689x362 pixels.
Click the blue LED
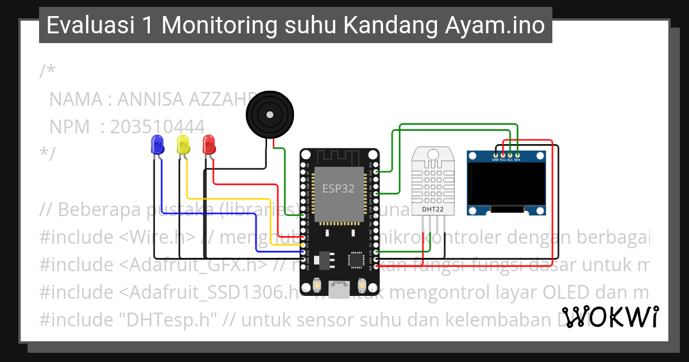pos(156,144)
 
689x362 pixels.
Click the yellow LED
pos(183,144)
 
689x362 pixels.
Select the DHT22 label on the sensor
pos(433,210)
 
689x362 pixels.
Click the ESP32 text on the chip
pos(338,188)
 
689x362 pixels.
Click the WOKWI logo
pos(610,317)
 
